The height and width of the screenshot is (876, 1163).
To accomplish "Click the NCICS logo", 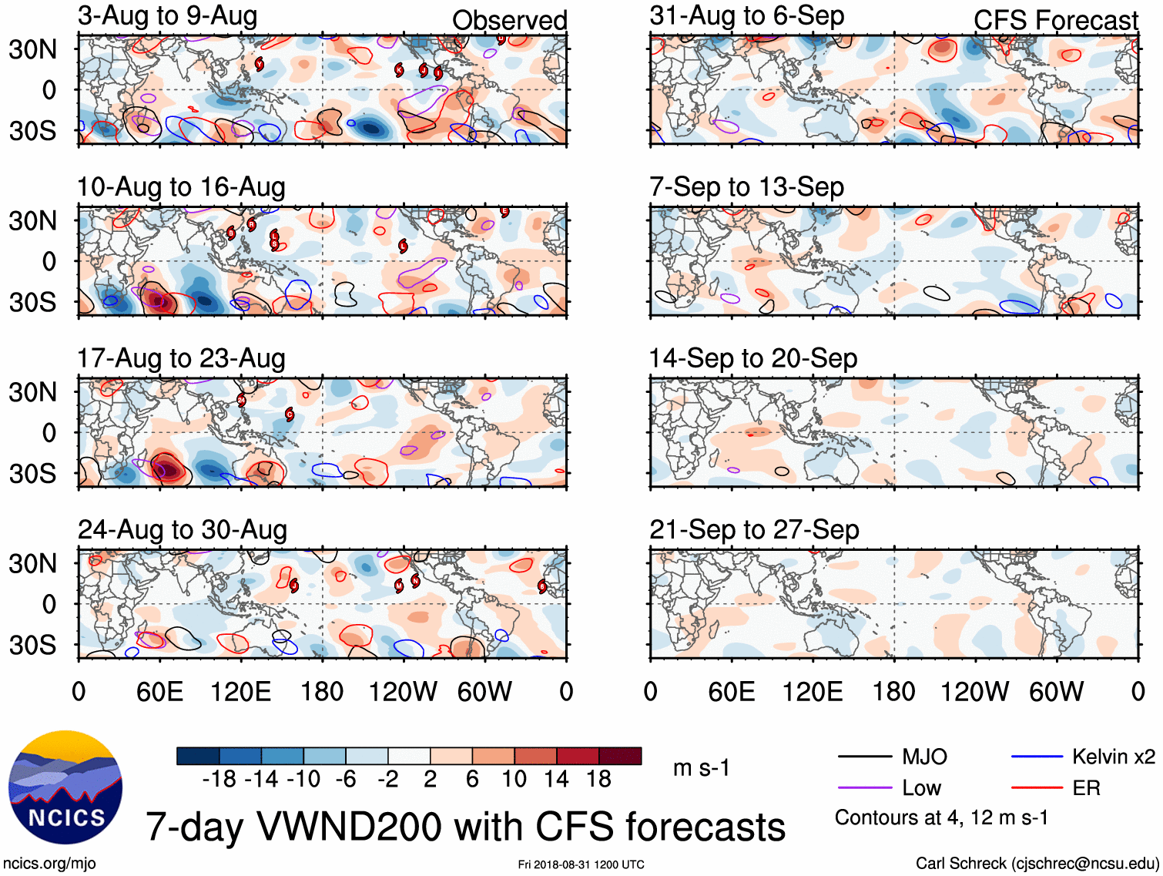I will (x=66, y=787).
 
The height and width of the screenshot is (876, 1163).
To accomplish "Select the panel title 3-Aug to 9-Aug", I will (x=167, y=16).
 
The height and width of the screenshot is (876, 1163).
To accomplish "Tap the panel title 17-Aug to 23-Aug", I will (x=181, y=359).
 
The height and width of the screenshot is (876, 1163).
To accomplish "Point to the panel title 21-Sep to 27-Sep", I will (x=754, y=530).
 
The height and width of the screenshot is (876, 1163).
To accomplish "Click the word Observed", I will (x=509, y=21).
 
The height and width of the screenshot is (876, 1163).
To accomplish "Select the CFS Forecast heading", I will (x=1055, y=21).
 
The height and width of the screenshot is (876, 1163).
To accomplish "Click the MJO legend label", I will (x=924, y=757).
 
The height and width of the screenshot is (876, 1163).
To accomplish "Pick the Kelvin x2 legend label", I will (x=1113, y=757).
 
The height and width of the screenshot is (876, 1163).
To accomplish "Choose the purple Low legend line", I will (x=864, y=788).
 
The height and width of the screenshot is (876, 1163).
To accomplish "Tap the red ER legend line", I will (x=1037, y=788).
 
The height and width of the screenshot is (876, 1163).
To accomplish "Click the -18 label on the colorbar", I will (x=220, y=780).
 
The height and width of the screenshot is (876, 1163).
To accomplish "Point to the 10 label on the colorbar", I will (x=514, y=780).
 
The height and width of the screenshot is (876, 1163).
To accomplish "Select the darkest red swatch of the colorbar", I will (x=620, y=756).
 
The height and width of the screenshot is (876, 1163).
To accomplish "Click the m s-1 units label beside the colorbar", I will (x=701, y=768).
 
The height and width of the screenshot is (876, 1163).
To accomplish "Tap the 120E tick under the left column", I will (x=241, y=692).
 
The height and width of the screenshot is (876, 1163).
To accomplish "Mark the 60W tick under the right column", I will (x=1056, y=692).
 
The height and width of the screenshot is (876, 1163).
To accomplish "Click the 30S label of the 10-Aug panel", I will (x=32, y=302).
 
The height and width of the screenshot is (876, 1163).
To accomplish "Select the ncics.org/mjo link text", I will (x=49, y=864).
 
